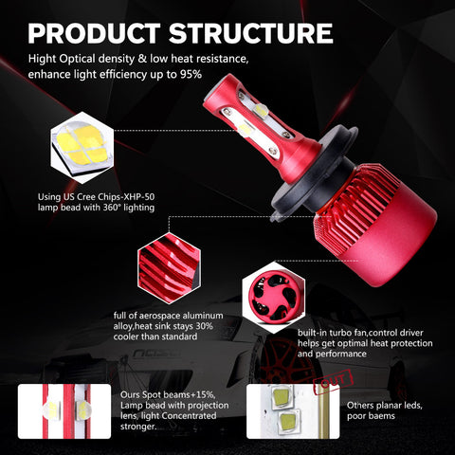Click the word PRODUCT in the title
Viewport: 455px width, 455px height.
click(94, 33)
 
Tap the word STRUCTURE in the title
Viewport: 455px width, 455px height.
click(251, 33)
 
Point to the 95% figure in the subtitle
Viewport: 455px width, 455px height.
click(191, 75)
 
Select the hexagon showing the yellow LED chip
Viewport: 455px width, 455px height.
click(82, 148)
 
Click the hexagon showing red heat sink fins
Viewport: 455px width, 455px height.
click(169, 268)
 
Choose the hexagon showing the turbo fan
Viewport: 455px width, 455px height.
click(274, 298)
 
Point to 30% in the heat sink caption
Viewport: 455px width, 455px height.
click(204, 326)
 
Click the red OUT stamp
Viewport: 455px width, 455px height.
click(333, 382)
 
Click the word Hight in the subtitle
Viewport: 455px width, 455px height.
click(42, 59)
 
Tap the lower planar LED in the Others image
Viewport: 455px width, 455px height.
click(288, 420)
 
